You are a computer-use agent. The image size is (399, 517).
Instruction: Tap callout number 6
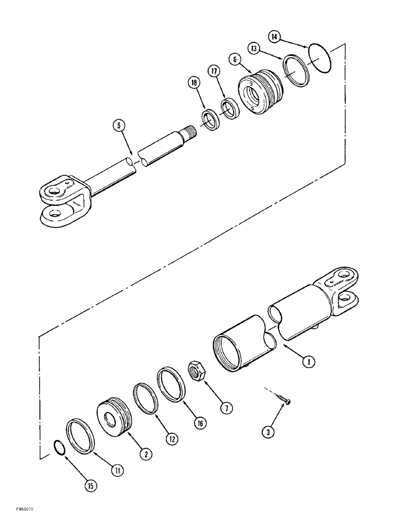click(x=236, y=60)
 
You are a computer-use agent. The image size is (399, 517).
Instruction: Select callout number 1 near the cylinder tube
click(x=309, y=362)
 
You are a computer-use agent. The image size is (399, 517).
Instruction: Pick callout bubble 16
click(x=200, y=423)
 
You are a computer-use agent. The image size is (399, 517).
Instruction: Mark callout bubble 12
click(x=172, y=438)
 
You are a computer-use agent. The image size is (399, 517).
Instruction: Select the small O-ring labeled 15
click(x=60, y=447)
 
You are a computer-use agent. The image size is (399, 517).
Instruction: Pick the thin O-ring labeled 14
click(x=318, y=57)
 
